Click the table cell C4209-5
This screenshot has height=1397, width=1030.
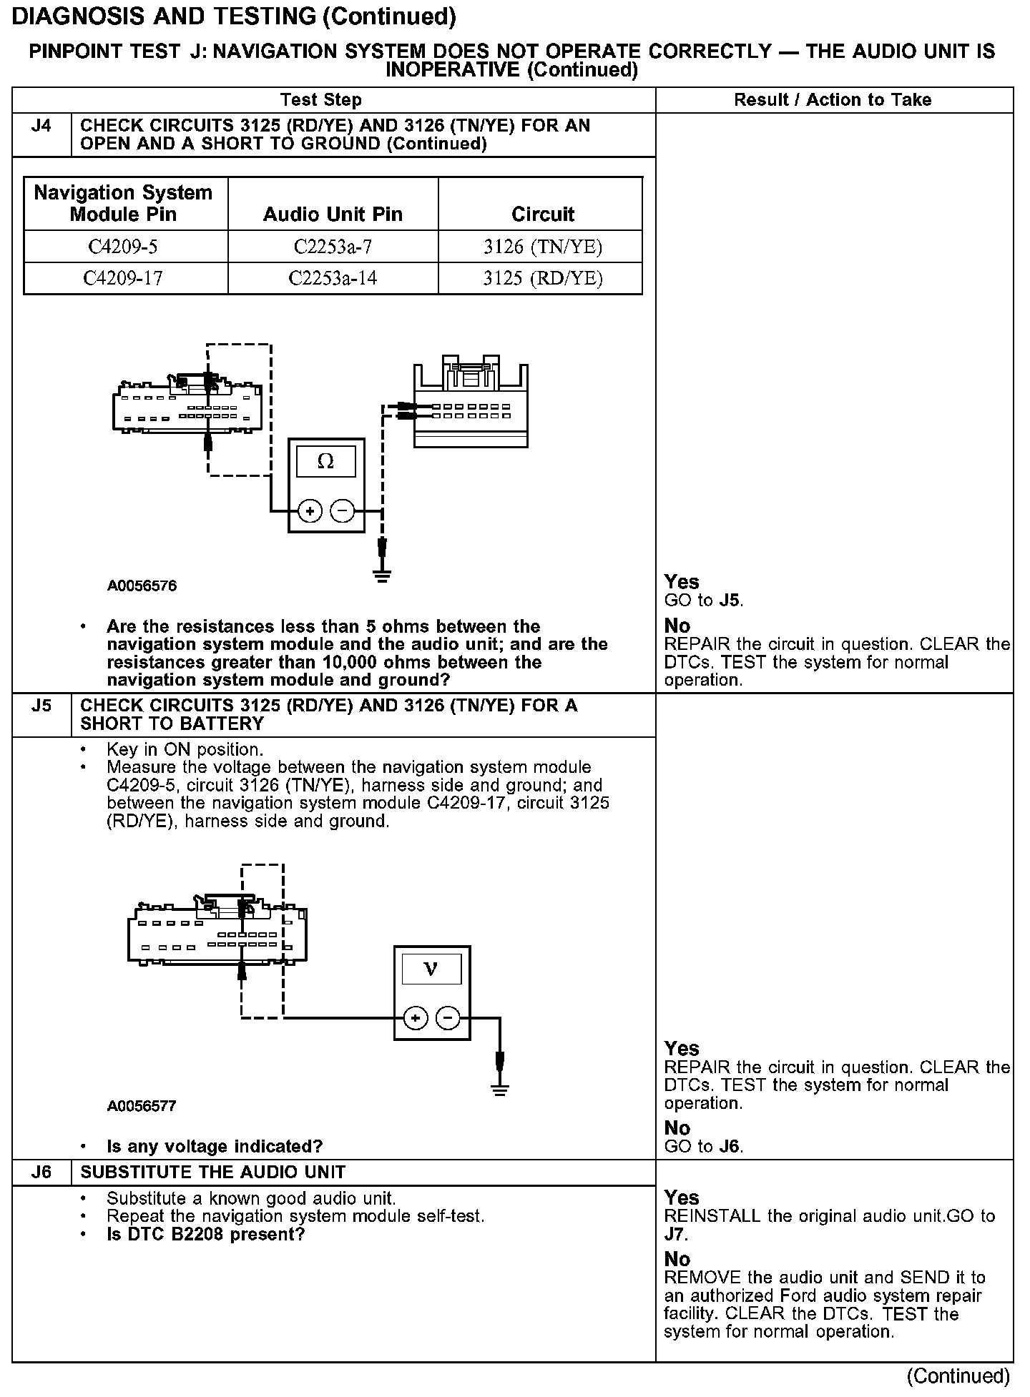(x=123, y=247)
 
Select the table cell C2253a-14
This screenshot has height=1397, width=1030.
(x=333, y=278)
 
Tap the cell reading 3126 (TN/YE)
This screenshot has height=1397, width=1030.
(x=542, y=247)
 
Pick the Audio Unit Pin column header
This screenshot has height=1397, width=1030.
(x=333, y=214)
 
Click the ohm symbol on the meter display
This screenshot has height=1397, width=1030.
(x=325, y=461)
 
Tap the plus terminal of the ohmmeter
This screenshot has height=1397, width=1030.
(x=310, y=511)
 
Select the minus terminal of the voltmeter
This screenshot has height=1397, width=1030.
(x=448, y=1018)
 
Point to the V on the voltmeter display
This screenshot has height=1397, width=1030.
(x=431, y=969)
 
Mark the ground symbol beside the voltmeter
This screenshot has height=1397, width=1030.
(x=500, y=1090)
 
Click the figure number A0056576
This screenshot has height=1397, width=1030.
(x=142, y=586)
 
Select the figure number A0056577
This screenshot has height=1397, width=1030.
(x=142, y=1106)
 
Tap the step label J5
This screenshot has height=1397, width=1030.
(x=41, y=706)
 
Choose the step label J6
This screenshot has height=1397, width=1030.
(x=41, y=1173)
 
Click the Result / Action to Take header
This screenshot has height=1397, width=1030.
(x=833, y=100)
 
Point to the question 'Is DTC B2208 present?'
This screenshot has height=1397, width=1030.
(x=206, y=1234)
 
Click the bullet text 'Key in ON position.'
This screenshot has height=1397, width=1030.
(x=185, y=750)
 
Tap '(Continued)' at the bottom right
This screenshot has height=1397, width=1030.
(x=958, y=1375)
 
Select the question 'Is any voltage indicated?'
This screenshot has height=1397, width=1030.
(x=215, y=1147)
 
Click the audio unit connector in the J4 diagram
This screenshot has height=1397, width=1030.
(x=470, y=408)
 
